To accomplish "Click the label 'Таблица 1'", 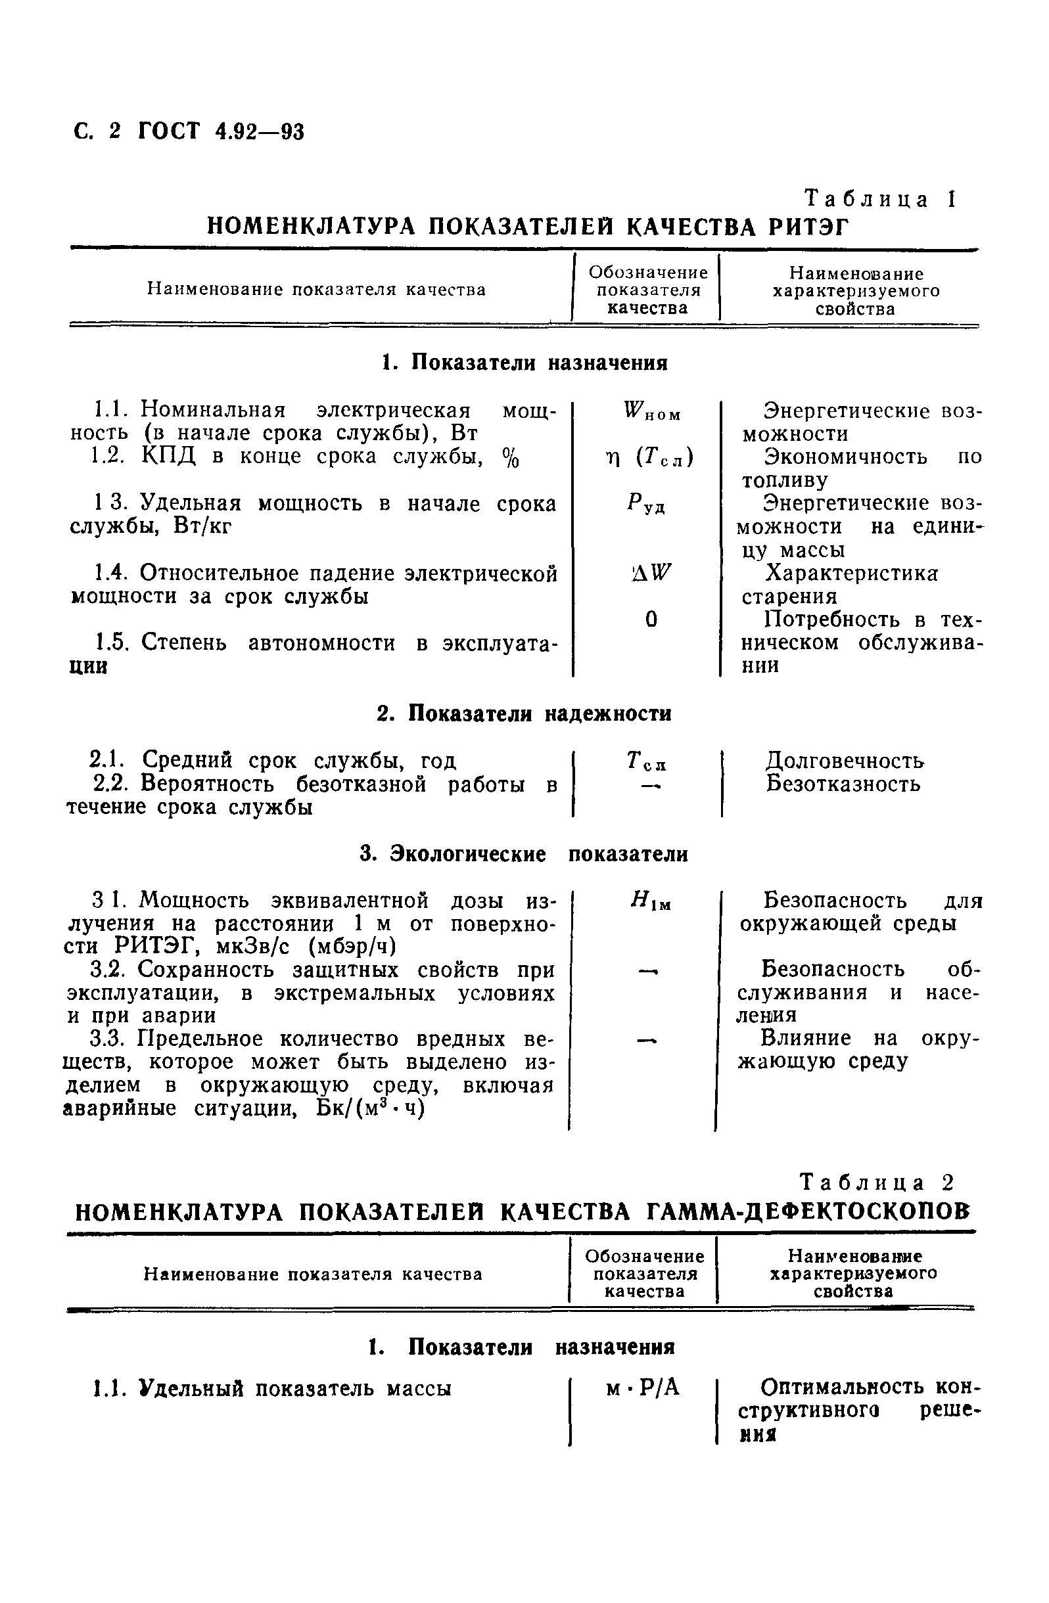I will tap(880, 199).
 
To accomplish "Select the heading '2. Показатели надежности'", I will tap(523, 713).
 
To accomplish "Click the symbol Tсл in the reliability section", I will tap(645, 762).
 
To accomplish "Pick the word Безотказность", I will tap(843, 784).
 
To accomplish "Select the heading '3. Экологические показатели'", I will tap(523, 854).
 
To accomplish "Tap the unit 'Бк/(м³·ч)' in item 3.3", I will tap(370, 1108).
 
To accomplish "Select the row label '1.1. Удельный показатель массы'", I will tap(271, 1388).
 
